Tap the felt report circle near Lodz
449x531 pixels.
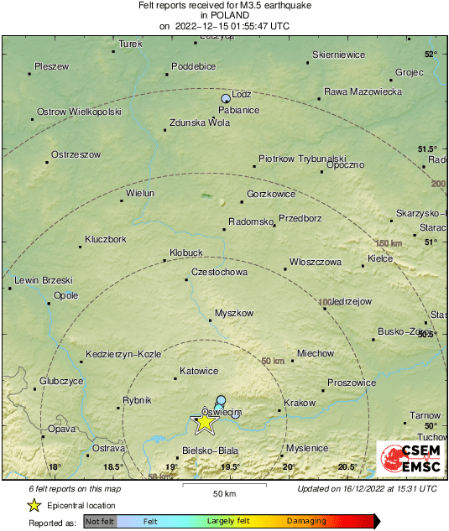(226, 99)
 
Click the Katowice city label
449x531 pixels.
(199, 371)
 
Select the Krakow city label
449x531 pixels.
(299, 403)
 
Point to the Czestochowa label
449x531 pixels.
(219, 273)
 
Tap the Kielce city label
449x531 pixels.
(380, 258)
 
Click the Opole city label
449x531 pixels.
(65, 295)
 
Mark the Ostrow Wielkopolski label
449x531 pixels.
(80, 112)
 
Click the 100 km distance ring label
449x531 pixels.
(325, 302)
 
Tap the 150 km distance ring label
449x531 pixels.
(388, 243)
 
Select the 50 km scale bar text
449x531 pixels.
(222, 492)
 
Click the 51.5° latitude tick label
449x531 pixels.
(428, 148)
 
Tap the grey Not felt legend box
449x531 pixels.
(100, 522)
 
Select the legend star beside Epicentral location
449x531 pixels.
(34, 505)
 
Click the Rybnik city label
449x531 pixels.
(137, 400)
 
